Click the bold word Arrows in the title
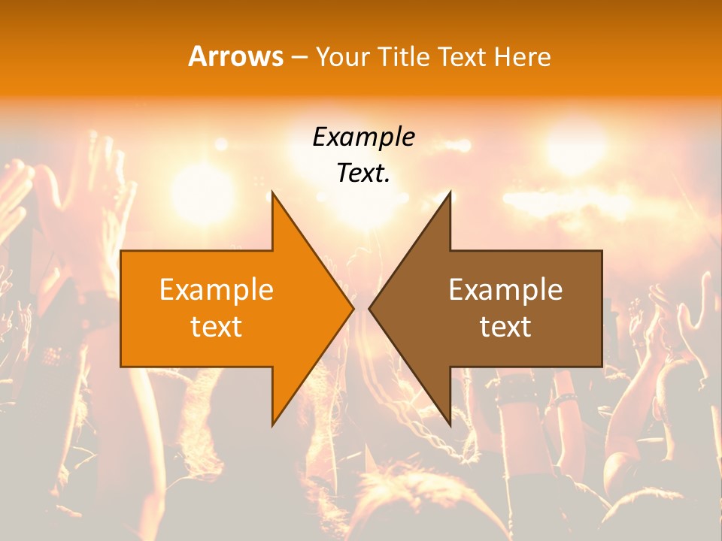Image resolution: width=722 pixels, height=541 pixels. [x=236, y=57]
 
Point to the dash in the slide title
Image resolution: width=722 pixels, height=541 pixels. [x=299, y=58]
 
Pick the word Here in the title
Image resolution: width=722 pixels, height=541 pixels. [x=522, y=58]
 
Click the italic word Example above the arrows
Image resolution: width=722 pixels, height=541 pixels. [x=363, y=138]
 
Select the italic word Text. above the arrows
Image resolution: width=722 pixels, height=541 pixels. [x=363, y=174]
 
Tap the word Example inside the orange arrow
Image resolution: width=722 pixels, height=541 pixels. [x=217, y=290]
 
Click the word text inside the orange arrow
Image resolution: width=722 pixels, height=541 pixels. [x=217, y=327]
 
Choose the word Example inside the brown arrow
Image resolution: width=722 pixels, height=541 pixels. [x=505, y=290]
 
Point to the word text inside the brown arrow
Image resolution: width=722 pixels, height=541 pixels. [x=505, y=327]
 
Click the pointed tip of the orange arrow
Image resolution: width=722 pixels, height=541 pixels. [x=353, y=308]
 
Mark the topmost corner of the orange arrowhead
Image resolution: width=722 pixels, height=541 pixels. [x=272, y=192]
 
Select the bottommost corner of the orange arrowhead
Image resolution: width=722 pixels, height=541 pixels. [x=272, y=425]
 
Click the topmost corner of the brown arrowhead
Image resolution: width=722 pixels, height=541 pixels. [x=450, y=192]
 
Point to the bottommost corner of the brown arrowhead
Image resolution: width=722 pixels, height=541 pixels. [x=450, y=425]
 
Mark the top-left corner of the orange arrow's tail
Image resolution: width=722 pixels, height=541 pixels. [x=121, y=251]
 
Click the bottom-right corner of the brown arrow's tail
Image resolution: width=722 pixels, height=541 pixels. [x=602, y=367]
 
